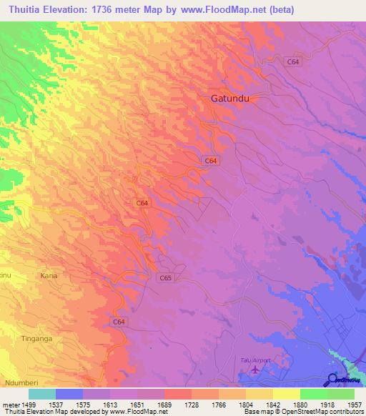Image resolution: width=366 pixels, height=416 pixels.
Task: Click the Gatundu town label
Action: [x=229, y=99]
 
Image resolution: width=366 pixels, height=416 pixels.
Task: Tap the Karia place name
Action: [x=49, y=275]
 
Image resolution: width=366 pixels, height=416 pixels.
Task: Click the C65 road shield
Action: [x=166, y=277]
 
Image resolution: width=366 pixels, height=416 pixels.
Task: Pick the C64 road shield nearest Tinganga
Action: [x=119, y=323]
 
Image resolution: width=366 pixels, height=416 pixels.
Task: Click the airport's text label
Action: [x=254, y=361]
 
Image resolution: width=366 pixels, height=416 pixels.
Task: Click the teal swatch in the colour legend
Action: [x=42, y=393]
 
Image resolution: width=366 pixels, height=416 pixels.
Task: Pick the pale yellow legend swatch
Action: [x=287, y=393]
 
